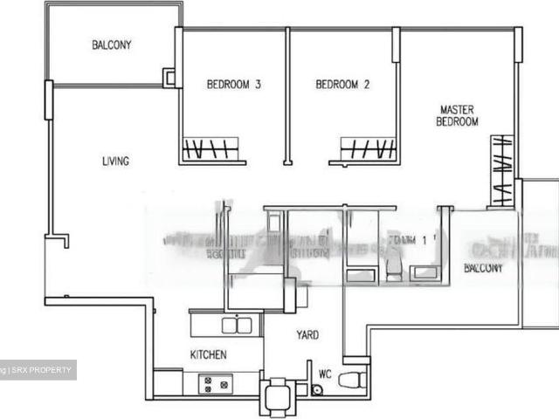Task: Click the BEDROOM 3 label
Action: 234,85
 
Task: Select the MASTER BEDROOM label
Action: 457,116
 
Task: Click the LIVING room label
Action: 115,161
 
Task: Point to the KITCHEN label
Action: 209,354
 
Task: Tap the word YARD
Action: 307,334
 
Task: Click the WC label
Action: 325,374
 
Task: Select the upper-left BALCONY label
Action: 112,45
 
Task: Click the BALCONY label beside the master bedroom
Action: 483,268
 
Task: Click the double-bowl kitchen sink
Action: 237,325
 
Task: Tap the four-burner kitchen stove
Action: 213,382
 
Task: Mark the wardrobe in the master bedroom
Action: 501,170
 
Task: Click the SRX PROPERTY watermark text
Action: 41,370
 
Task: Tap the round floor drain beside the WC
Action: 316,389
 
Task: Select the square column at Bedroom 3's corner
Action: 169,77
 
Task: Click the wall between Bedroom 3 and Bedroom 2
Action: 286,96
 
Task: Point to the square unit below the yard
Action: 277,394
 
